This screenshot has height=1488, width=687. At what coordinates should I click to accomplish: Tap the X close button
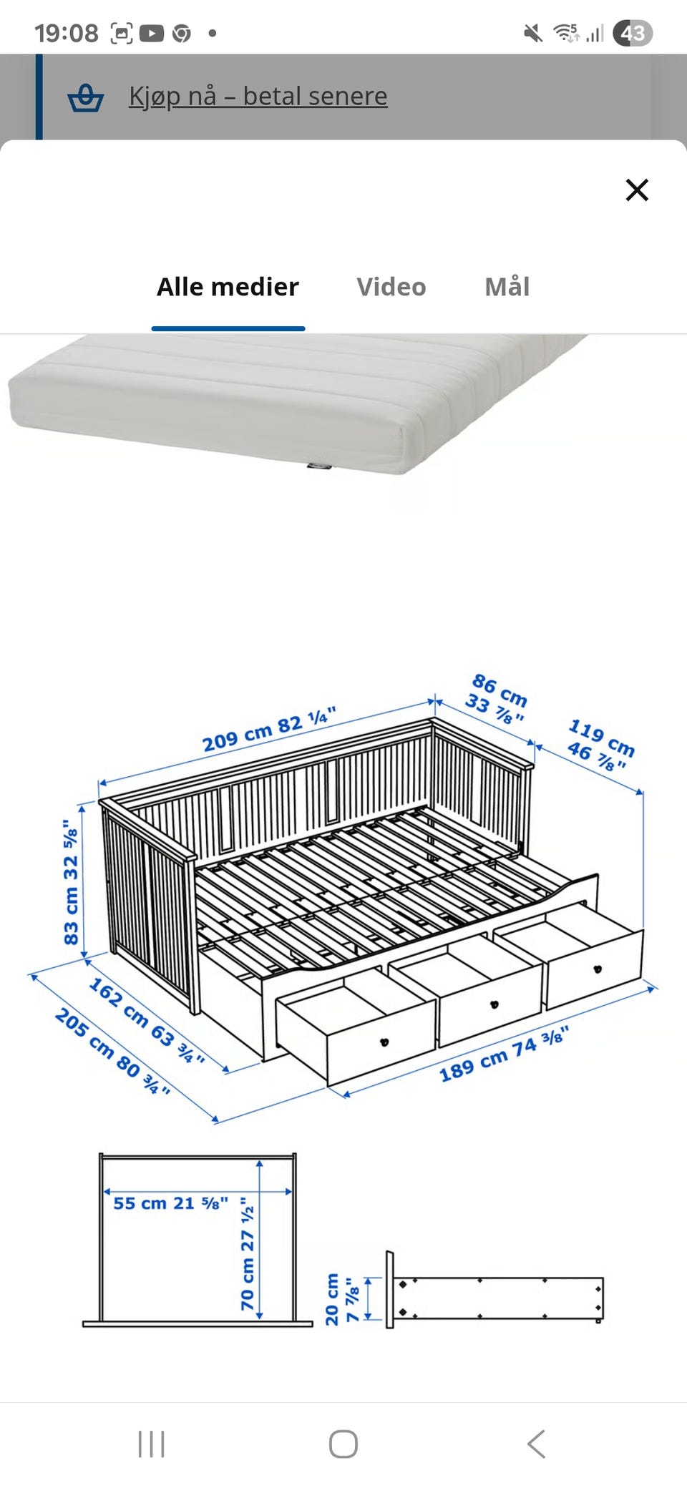click(x=637, y=190)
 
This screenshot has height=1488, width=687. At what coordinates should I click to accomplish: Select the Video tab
click(x=391, y=287)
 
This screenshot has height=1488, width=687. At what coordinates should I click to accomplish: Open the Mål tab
click(x=507, y=287)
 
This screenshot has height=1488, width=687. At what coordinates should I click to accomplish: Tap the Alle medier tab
click(x=228, y=287)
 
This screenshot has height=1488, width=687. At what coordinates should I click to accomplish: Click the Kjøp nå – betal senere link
click(x=258, y=96)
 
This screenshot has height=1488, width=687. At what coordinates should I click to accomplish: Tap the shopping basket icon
click(x=86, y=98)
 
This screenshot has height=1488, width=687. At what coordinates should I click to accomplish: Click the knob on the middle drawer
click(x=494, y=1004)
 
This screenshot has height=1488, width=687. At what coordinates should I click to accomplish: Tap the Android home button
click(x=343, y=1444)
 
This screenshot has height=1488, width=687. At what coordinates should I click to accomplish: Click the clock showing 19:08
click(x=67, y=33)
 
